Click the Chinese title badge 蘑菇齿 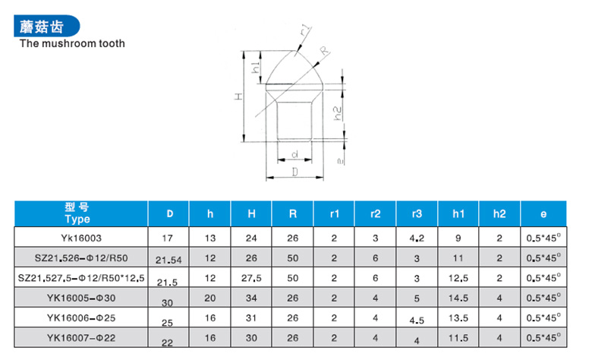click(46, 26)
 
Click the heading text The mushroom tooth click(72, 43)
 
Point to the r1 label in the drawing click(305, 30)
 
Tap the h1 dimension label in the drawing click(256, 68)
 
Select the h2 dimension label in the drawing click(338, 113)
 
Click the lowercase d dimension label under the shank click(295, 154)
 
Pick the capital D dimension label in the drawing click(295, 172)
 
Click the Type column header click(77, 219)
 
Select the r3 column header click(417, 214)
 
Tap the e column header click(543, 214)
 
